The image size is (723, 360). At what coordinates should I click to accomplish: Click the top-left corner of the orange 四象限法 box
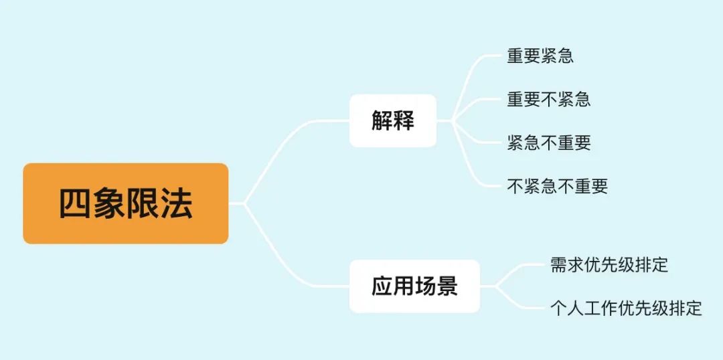(x=23, y=163)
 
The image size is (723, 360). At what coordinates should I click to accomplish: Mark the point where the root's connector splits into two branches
(x=244, y=203)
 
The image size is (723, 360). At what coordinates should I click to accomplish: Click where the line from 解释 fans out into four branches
(x=453, y=120)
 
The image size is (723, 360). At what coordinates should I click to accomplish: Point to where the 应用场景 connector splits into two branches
(x=496, y=286)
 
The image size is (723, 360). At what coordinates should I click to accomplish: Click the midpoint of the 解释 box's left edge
(x=349, y=120)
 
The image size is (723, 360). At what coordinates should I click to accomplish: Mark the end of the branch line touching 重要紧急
(x=500, y=56)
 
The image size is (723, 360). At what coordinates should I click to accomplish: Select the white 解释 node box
(x=393, y=120)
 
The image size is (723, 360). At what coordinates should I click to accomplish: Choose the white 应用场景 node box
(x=414, y=286)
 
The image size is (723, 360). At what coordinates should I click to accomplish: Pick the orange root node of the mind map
(x=126, y=203)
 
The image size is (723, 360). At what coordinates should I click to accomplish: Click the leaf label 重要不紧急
(x=549, y=99)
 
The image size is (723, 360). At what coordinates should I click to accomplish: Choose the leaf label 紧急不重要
(x=549, y=143)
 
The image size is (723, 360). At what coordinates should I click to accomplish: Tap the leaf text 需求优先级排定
(x=609, y=265)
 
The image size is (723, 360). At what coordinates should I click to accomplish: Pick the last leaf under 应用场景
(x=626, y=308)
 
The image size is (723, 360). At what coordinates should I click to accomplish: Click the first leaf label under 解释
(x=540, y=56)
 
